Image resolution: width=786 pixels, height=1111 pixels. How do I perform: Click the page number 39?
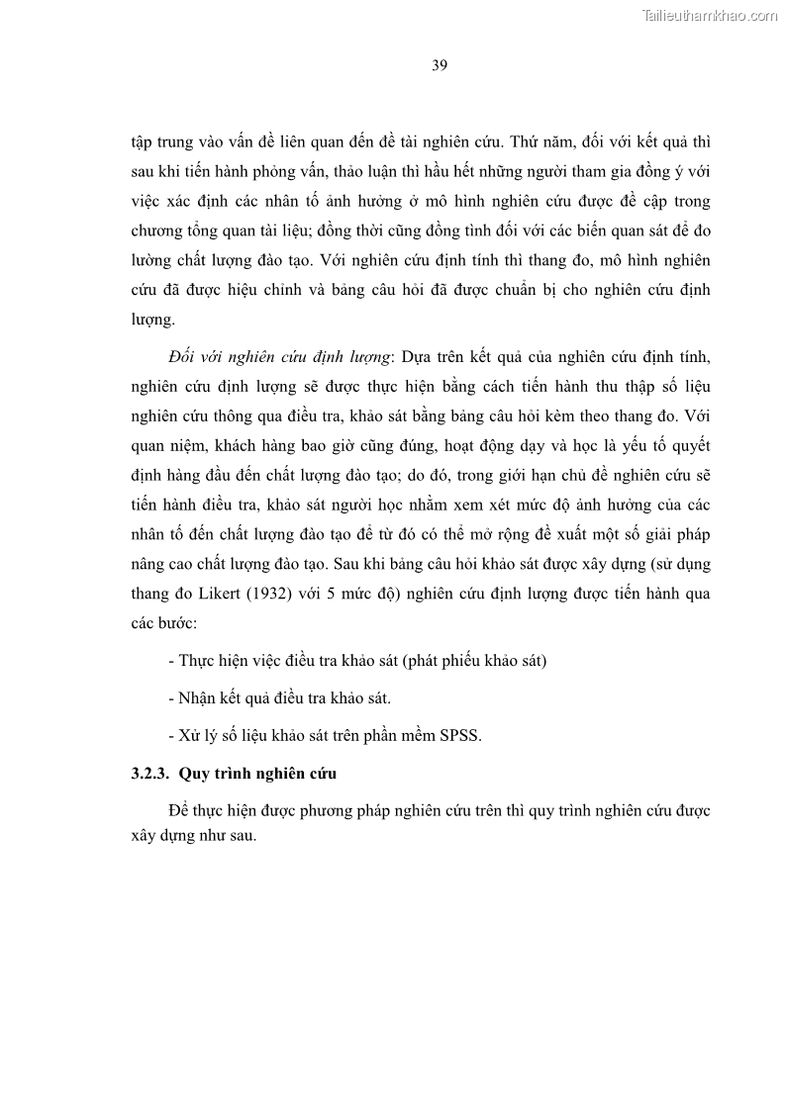tap(441, 66)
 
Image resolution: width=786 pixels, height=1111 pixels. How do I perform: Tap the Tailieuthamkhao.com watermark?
tap(710, 15)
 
